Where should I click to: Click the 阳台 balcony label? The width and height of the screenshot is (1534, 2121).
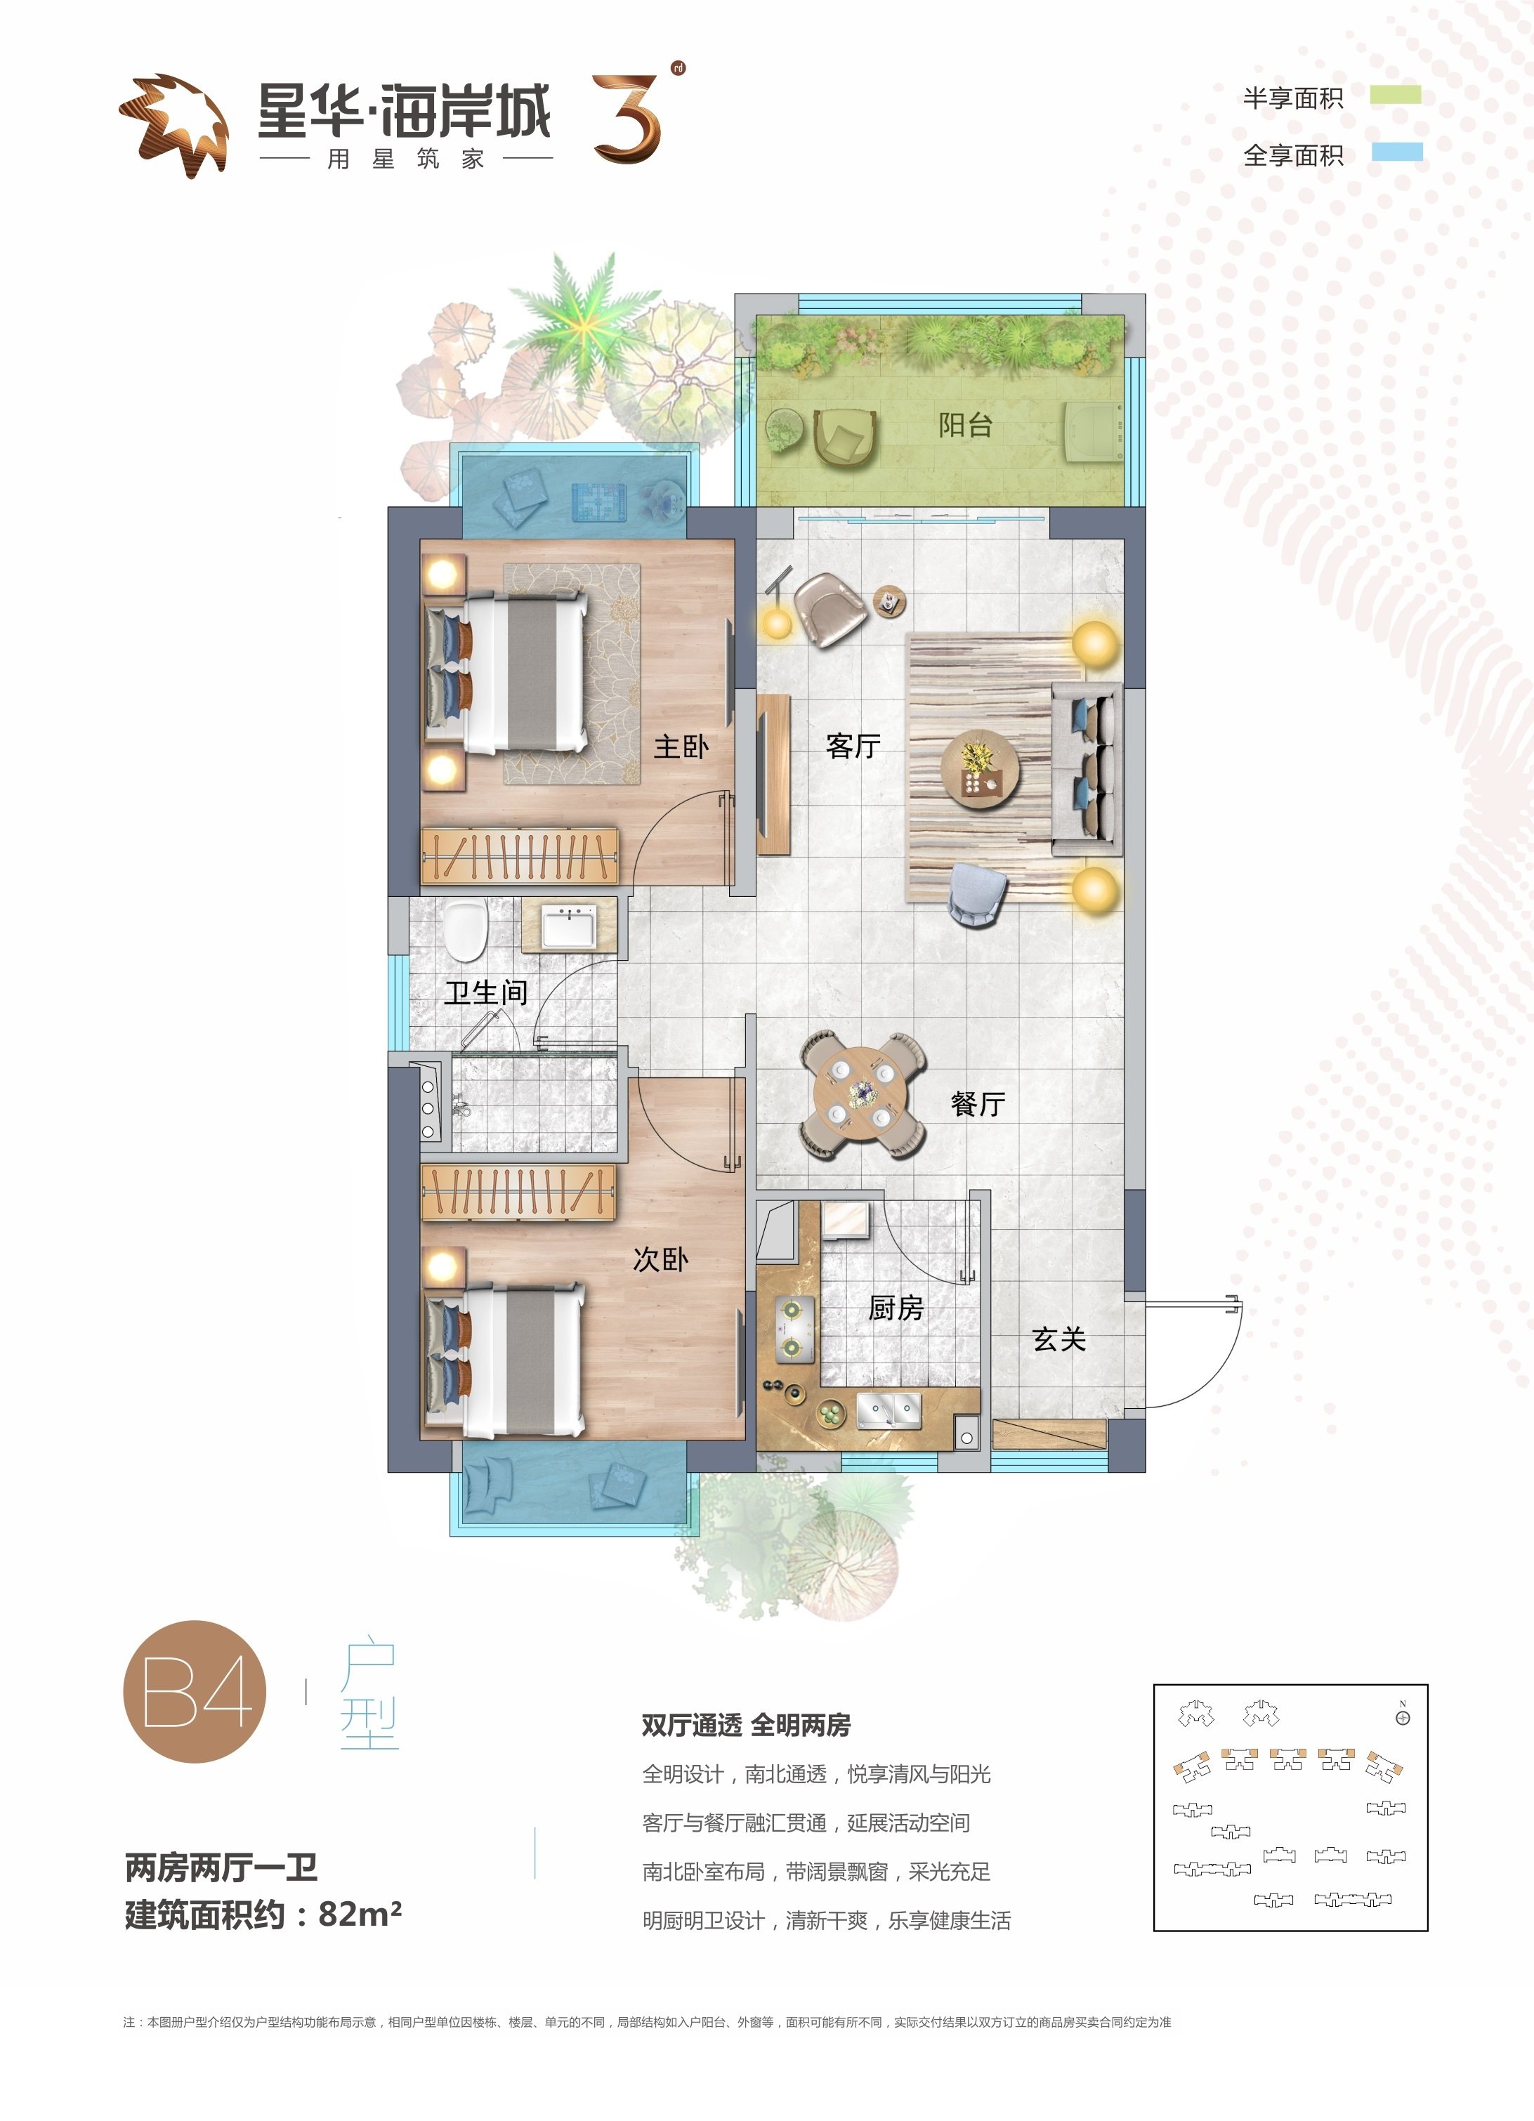point(965,426)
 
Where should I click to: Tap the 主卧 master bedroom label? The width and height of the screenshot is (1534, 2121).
point(681,747)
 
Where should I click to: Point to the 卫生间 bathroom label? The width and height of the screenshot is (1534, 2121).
point(485,992)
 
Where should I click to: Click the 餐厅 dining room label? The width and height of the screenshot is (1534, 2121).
point(978,1103)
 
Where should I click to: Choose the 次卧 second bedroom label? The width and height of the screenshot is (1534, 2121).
point(660,1259)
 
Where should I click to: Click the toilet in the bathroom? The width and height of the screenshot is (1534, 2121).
point(465,931)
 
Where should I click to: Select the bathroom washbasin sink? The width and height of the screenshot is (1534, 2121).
point(569,928)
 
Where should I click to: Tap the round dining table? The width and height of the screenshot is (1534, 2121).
point(860,1094)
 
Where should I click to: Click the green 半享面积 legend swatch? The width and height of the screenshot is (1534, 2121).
point(1396,94)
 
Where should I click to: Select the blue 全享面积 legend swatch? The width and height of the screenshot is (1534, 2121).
point(1398,152)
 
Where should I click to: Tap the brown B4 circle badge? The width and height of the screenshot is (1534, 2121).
point(195,1690)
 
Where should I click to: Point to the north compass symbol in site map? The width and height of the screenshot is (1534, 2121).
point(1402,1717)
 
